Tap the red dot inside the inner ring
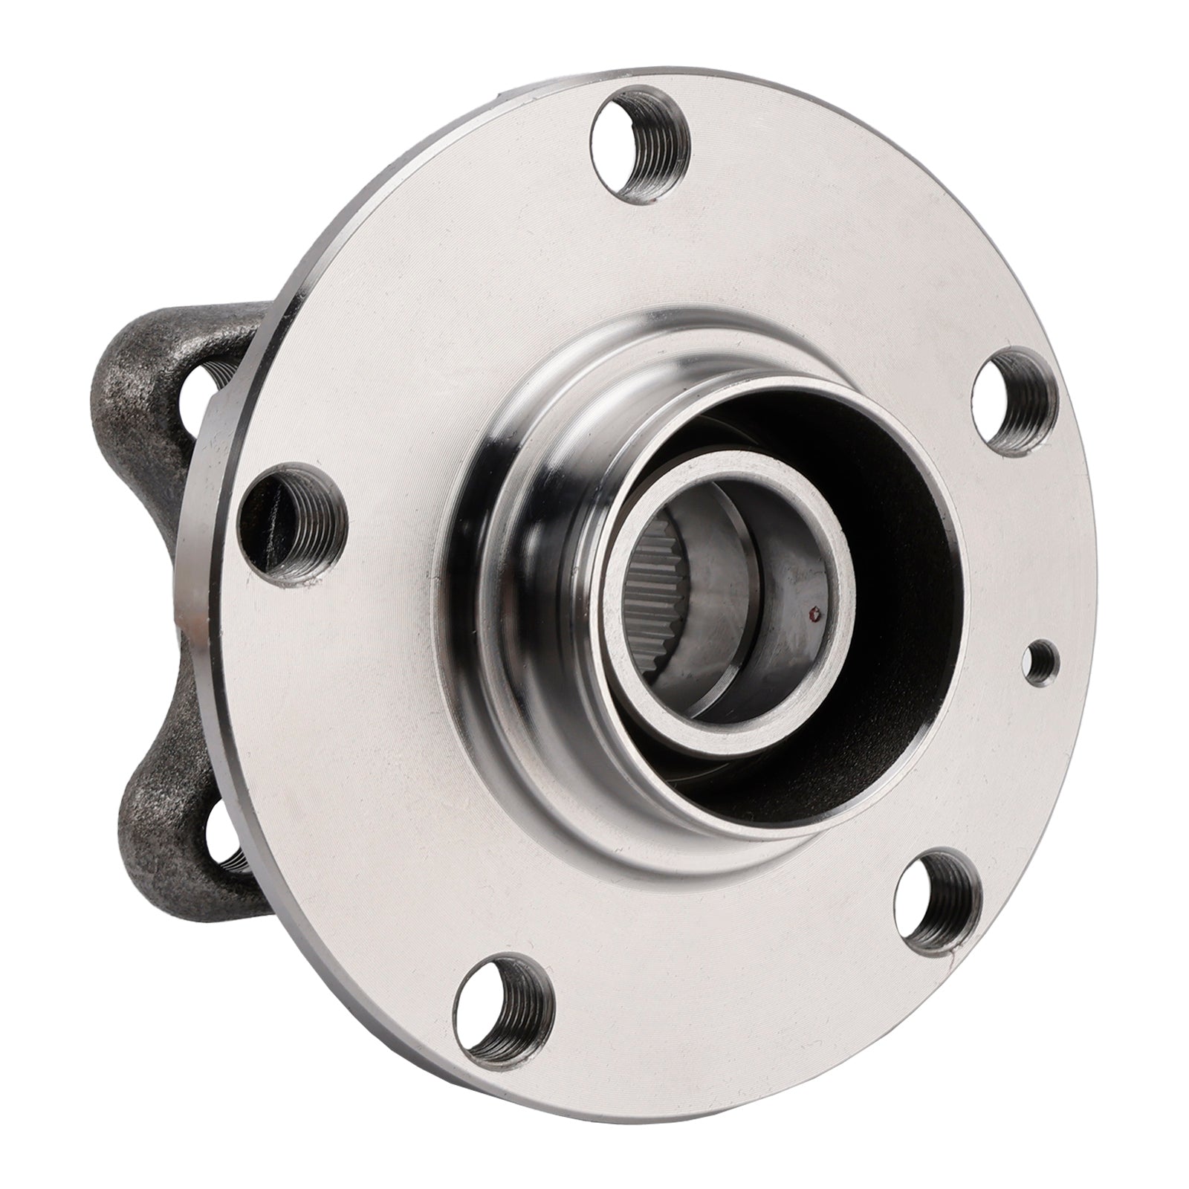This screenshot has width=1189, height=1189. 815,615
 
